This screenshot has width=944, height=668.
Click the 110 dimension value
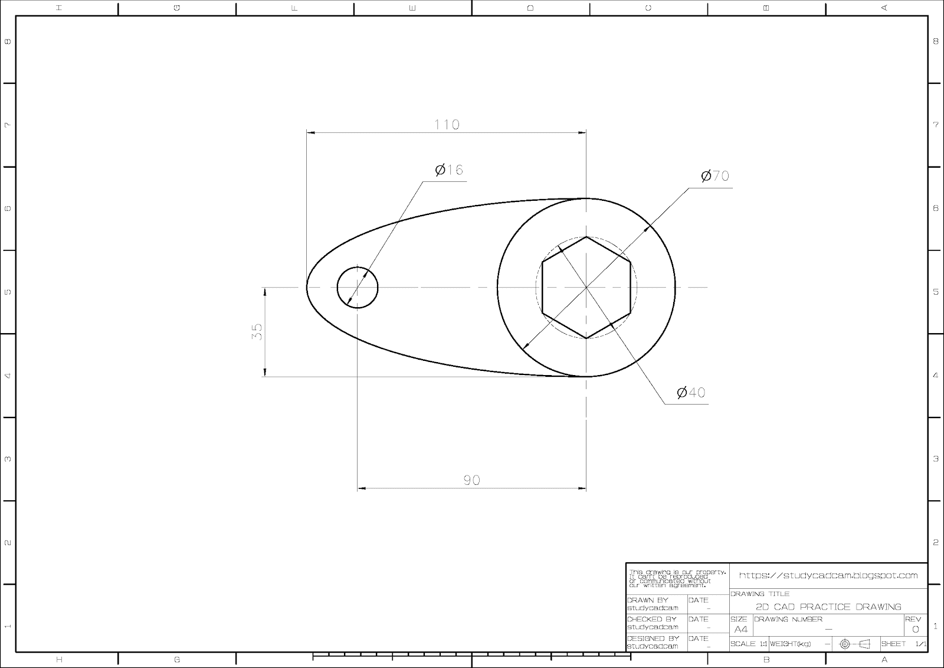coord(447,125)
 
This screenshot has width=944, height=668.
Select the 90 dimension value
coord(471,480)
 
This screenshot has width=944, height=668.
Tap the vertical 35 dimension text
coord(257,331)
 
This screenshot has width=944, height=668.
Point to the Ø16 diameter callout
coord(449,170)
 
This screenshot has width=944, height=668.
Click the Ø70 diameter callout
coord(715,176)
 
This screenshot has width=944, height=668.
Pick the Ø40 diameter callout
coord(691,392)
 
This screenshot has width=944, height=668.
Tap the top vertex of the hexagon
coord(586,237)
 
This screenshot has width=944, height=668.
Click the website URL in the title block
coord(828,575)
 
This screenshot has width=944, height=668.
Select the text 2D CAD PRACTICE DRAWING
coord(828,607)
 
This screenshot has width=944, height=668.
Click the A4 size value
coord(740,629)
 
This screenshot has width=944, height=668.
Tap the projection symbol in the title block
coord(855,644)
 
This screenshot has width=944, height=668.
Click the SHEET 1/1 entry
coord(903,644)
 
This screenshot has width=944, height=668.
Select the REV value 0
coord(915,629)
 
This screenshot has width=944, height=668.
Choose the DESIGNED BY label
coord(653,638)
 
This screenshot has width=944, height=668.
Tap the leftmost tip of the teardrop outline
coord(307,288)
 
